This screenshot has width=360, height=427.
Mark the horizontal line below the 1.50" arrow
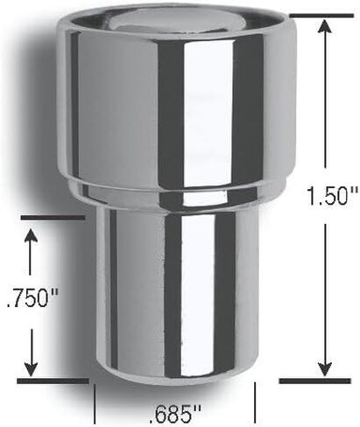[x=314, y=381]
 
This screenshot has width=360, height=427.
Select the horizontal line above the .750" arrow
[x=53, y=217]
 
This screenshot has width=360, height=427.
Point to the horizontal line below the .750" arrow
[x=53, y=381]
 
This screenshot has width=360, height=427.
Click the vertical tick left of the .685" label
[x=95, y=405]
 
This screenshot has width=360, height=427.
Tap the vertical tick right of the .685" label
[x=254, y=405]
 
